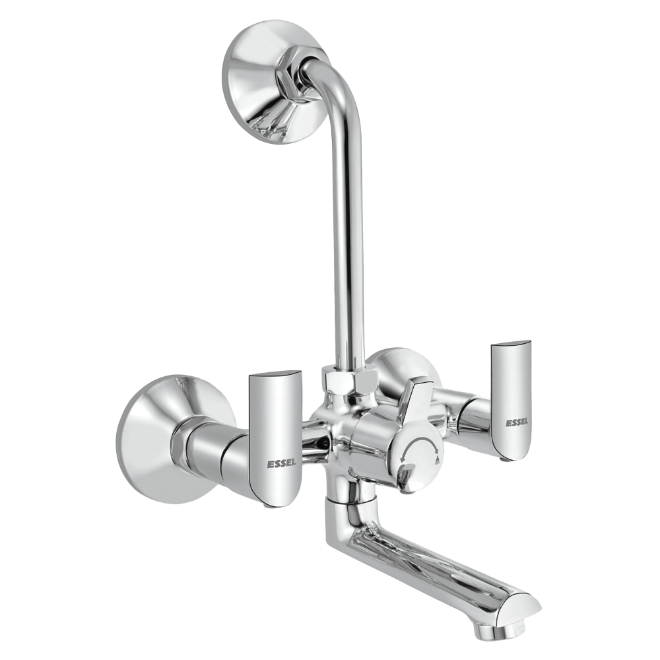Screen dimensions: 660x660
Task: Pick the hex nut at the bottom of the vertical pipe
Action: [349, 382]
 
